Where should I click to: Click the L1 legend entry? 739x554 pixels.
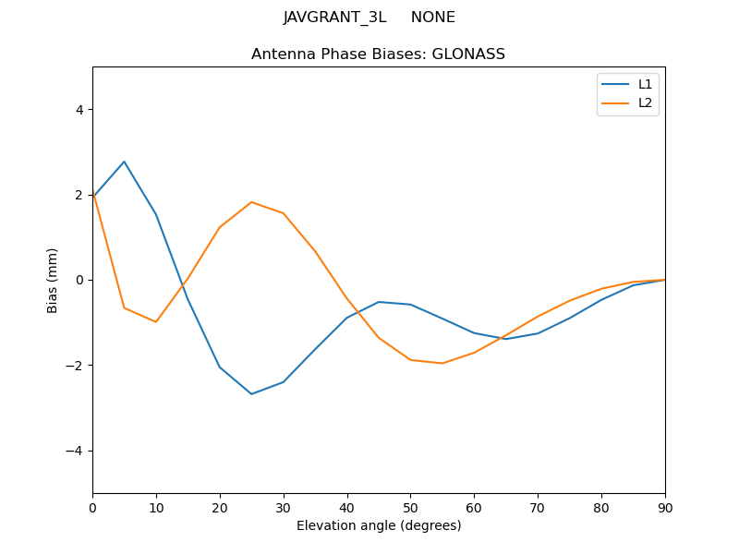click(x=645, y=84)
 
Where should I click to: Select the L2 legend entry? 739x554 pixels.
click(x=645, y=102)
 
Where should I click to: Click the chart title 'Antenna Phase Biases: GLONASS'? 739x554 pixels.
click(x=378, y=54)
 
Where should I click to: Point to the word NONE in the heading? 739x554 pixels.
click(x=432, y=18)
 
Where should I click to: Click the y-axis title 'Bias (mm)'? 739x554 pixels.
click(x=53, y=280)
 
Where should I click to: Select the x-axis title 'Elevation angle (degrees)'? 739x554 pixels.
click(x=379, y=525)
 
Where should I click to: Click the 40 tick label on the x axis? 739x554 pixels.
click(x=347, y=507)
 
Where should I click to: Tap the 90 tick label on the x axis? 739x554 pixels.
click(x=665, y=507)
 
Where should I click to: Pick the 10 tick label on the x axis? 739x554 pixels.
click(x=156, y=507)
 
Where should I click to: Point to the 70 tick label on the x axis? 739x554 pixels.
click(x=538, y=507)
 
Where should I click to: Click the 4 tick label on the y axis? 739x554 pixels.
click(x=79, y=110)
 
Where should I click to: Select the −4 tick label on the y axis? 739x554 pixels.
click(x=75, y=451)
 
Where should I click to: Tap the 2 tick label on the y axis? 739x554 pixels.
click(x=79, y=195)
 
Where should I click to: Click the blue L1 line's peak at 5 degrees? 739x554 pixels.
click(x=124, y=162)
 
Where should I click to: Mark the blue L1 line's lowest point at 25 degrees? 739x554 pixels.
click(x=251, y=394)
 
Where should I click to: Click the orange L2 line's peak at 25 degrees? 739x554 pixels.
click(x=251, y=202)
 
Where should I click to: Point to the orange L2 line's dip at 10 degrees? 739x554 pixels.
click(x=156, y=322)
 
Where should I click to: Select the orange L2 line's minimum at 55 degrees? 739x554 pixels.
click(x=442, y=363)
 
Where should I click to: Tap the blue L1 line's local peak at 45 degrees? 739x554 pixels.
click(x=379, y=302)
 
